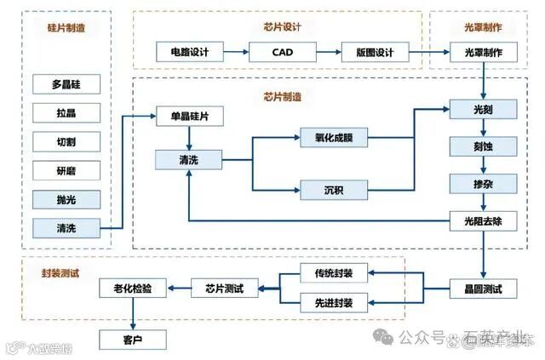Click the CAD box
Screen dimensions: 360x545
click(282, 53)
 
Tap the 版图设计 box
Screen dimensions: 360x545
click(374, 53)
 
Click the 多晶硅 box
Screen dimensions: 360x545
click(66, 84)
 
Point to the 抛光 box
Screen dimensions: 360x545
click(66, 199)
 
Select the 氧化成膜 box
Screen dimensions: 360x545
click(333, 137)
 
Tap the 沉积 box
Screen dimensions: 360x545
click(333, 188)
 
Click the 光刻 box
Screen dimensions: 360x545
click(484, 110)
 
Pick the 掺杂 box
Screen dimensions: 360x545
click(484, 183)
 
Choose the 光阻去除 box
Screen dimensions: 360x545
click(484, 221)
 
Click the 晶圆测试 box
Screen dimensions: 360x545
click(484, 289)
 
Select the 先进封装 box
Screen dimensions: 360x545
click(333, 301)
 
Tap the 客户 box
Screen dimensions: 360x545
click(132, 340)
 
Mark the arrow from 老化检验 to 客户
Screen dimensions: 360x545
click(132, 314)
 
